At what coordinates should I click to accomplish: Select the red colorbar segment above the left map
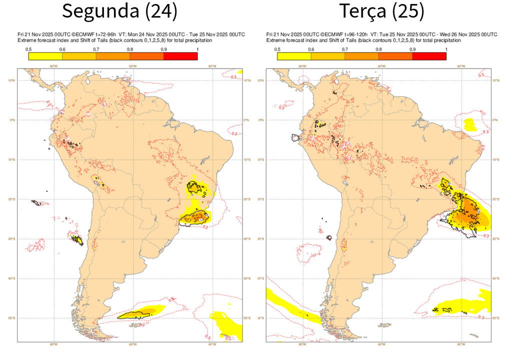point(180,56)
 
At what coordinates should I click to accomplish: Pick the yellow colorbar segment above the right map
point(294,56)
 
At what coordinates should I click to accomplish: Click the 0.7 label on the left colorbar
point(96,49)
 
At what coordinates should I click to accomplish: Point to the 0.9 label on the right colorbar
point(412,49)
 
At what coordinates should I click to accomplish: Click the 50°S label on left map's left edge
point(13,318)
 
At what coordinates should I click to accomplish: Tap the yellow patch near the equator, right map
point(470,124)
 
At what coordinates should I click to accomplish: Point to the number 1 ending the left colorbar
point(197,49)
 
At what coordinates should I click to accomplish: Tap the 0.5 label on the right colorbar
point(277,49)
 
